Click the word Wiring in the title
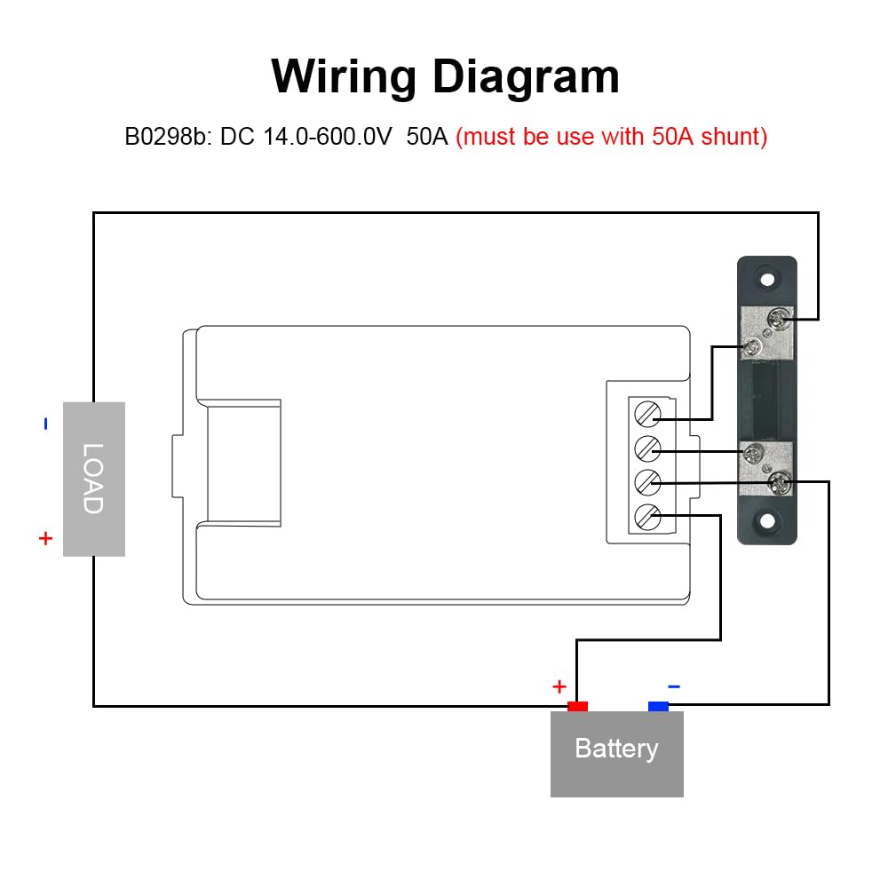click(344, 77)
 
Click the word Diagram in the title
click(526, 77)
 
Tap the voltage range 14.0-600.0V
click(328, 137)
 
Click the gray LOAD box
click(94, 480)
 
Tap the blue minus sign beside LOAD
click(46, 424)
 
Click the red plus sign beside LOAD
click(46, 538)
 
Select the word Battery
click(617, 749)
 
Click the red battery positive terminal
click(578, 706)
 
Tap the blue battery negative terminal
click(658, 706)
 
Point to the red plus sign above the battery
click(559, 686)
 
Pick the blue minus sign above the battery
click(674, 686)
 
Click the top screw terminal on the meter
click(648, 415)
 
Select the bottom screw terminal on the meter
click(648, 517)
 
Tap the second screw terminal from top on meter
click(648, 448)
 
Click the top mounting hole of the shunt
click(767, 280)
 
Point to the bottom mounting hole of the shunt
click(767, 521)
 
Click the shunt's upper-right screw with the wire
click(780, 318)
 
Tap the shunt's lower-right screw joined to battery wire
click(780, 482)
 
